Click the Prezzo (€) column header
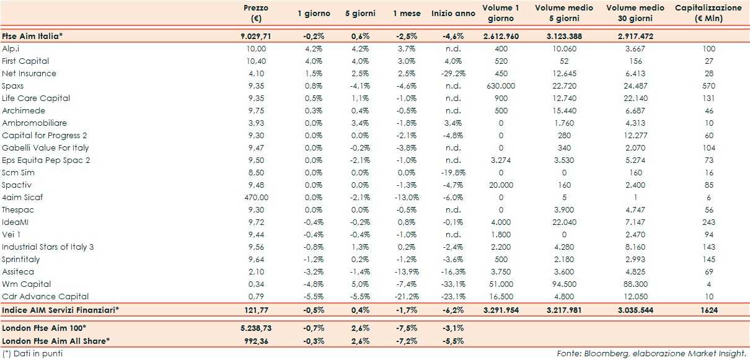coord(256,13)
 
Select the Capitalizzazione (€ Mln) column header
coord(708,13)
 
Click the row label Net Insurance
coord(29,73)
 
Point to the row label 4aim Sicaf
coord(22,197)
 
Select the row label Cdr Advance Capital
coord(45,296)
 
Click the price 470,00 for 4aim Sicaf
coord(256,197)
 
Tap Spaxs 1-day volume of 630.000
coord(501,86)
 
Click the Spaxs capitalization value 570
coord(708,86)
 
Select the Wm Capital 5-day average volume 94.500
coord(564,284)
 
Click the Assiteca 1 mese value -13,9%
coord(407,271)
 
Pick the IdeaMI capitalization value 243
coord(708,222)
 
